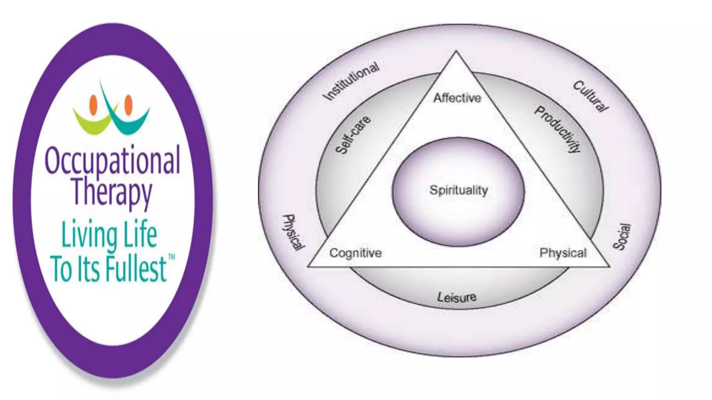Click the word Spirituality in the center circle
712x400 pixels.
[459, 190]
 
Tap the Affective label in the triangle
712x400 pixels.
[457, 98]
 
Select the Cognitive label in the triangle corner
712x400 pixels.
[355, 253]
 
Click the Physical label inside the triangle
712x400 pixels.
[563, 253]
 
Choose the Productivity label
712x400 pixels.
[557, 130]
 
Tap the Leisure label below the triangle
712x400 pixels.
[456, 297]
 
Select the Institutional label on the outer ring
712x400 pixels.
[350, 81]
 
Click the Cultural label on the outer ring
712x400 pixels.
[590, 96]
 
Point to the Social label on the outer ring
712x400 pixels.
[621, 236]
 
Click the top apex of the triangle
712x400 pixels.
[456, 52]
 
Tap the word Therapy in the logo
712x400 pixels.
[112, 192]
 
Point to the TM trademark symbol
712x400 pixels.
[171, 257]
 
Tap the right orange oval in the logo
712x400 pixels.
[128, 105]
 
